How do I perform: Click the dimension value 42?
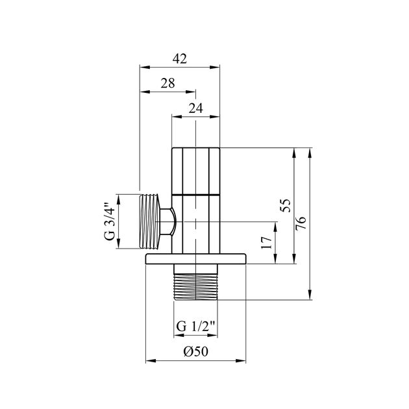180,58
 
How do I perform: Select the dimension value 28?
167,83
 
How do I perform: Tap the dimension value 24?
196,108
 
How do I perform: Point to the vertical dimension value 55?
284,206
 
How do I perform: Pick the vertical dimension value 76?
301,225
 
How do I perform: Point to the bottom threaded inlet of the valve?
197,282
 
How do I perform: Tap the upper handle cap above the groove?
197,171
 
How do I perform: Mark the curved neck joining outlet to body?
167,221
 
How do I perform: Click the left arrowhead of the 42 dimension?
144,67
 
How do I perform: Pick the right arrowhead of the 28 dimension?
191,92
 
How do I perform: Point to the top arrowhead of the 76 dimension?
311,152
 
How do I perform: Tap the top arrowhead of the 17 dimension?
275,225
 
